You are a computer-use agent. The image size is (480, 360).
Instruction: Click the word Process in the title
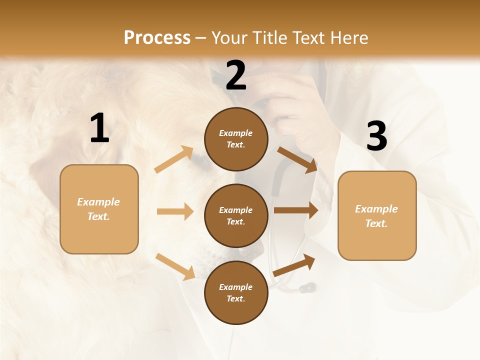click(x=157, y=38)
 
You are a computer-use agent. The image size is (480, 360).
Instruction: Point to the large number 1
click(x=99, y=128)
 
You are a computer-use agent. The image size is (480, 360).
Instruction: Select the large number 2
click(x=236, y=75)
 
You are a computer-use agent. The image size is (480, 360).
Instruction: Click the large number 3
click(x=376, y=136)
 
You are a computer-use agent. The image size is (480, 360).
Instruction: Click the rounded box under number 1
click(x=99, y=209)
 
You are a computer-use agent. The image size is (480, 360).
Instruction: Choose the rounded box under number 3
click(x=377, y=215)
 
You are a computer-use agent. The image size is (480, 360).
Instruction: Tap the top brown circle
click(x=236, y=139)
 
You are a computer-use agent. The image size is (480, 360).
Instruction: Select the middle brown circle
click(x=236, y=215)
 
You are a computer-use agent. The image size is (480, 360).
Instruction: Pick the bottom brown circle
click(x=236, y=292)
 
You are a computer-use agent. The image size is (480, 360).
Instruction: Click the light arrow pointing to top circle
click(x=174, y=159)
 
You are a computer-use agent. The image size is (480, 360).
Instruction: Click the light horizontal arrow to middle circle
click(x=175, y=211)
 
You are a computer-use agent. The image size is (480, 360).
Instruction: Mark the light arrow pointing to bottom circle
click(x=175, y=266)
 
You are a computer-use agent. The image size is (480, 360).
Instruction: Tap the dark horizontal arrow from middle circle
click(x=296, y=210)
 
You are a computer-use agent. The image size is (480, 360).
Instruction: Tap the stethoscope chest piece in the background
click(x=306, y=288)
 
